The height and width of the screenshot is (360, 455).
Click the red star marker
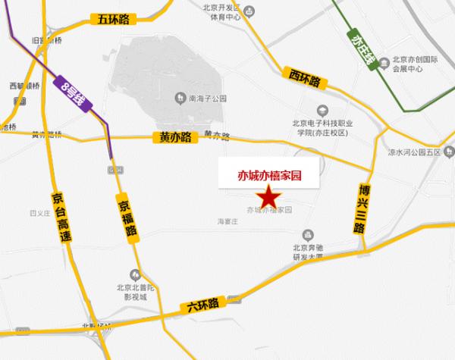click(x=268, y=197)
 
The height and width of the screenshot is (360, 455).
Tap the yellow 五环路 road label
click(x=111, y=20)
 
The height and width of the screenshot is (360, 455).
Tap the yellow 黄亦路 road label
click(x=175, y=137)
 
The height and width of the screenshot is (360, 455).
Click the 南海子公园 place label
click(x=207, y=96)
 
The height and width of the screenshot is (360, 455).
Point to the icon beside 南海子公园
click(x=180, y=96)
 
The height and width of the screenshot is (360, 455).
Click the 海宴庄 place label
click(x=228, y=222)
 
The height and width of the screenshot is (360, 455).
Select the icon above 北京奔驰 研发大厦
click(x=307, y=234)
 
